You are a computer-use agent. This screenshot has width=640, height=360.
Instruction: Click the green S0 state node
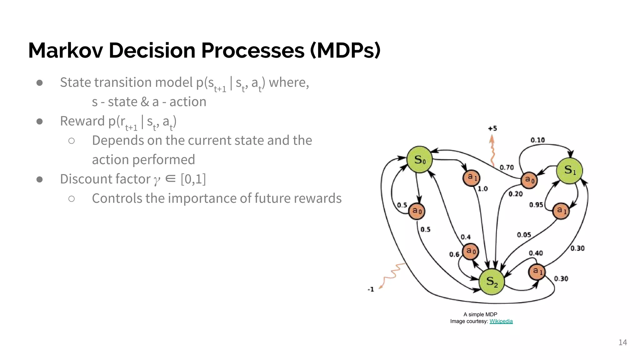[419, 159]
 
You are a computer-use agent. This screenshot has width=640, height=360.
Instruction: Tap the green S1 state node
[569, 170]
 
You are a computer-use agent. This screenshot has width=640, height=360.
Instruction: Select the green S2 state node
[492, 282]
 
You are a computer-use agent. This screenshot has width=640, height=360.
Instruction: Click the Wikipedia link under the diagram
[501, 321]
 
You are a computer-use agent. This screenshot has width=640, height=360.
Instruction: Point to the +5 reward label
[492, 128]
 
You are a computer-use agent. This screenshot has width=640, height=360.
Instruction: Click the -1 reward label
[371, 289]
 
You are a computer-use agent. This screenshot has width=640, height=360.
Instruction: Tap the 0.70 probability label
[507, 167]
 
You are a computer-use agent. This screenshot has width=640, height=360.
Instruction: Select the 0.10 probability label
[537, 140]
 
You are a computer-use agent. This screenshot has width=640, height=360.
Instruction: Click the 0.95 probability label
[536, 205]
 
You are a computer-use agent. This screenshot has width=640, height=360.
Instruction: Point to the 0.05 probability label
[524, 235]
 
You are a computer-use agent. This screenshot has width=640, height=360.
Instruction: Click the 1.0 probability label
[482, 189]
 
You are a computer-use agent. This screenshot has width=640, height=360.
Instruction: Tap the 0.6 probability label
[454, 254]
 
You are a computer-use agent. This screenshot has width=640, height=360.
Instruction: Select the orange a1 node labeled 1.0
[471, 178]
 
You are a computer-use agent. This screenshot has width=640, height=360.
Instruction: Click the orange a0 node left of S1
[529, 180]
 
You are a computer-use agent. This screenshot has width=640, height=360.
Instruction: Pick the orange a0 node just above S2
[470, 251]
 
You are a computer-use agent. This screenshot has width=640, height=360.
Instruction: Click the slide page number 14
[622, 342]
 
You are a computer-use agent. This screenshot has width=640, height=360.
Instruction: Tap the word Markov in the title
[65, 50]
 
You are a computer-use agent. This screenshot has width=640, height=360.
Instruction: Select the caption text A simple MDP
[480, 314]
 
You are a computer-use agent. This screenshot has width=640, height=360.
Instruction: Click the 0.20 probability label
[515, 194]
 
